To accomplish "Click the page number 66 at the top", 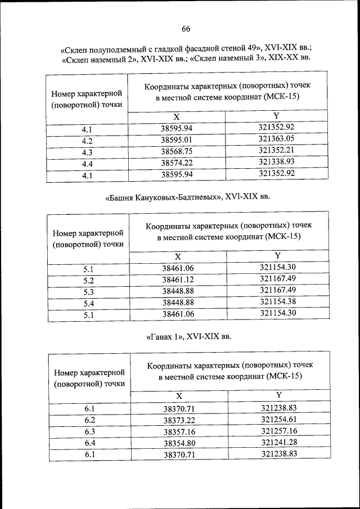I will tap(186, 30).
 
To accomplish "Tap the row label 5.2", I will tap(88, 280).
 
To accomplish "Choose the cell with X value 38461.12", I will tap(178, 280).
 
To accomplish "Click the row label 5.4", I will tap(88, 304).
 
